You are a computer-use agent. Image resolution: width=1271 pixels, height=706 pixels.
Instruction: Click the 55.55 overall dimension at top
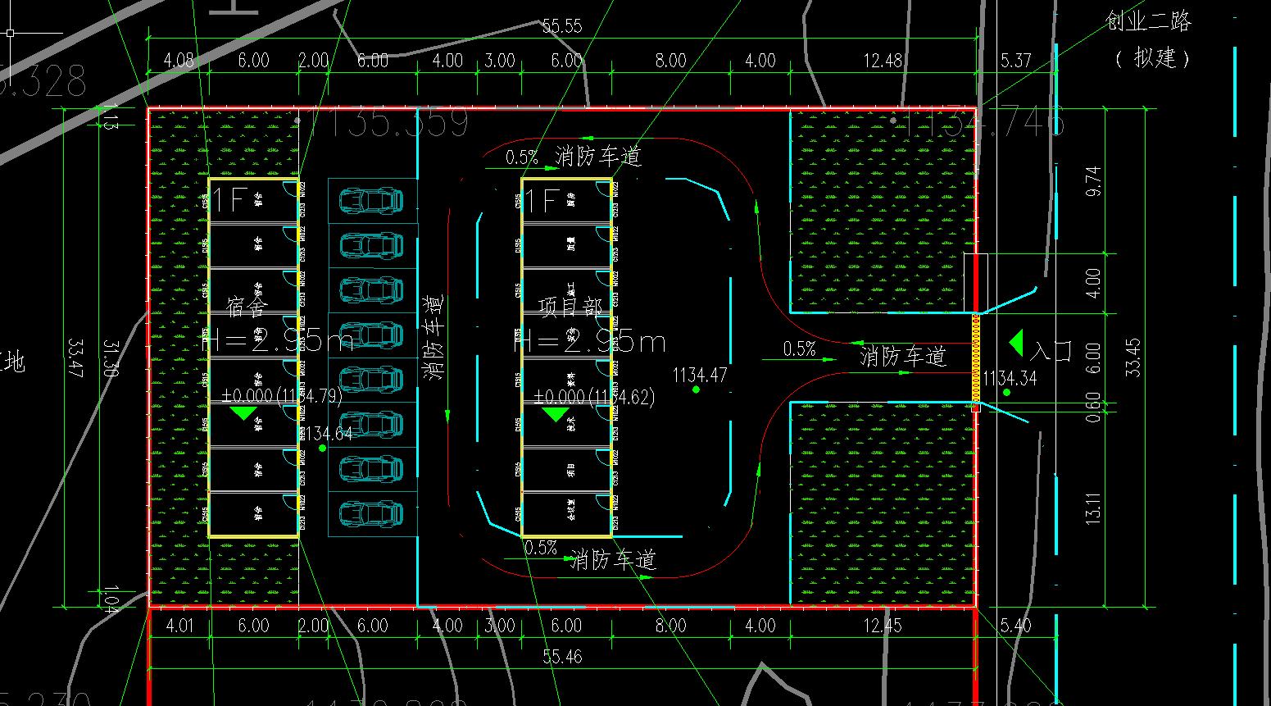point(562,25)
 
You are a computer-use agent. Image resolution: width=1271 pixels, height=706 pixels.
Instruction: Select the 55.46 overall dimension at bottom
point(562,656)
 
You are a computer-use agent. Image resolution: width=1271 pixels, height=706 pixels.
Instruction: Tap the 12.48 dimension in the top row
point(883,60)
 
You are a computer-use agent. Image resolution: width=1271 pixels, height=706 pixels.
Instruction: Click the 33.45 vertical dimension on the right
point(1133,357)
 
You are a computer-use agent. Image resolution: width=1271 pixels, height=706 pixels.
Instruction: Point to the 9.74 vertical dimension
point(1093,181)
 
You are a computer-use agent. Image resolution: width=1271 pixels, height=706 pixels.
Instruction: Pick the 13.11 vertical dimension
point(1093,508)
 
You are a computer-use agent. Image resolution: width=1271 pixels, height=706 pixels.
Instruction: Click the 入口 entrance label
point(1051,351)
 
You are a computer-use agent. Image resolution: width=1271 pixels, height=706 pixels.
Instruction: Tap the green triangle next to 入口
point(1017,343)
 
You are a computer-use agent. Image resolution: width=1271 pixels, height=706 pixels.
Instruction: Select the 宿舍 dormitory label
point(247,307)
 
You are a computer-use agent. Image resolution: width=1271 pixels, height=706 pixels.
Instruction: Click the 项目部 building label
point(570,307)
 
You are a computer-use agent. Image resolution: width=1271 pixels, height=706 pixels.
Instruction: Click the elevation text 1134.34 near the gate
point(1010,378)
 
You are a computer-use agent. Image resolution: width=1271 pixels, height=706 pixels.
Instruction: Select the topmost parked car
point(371,200)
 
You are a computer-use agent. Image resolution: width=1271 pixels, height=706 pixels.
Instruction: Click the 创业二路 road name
point(1148,21)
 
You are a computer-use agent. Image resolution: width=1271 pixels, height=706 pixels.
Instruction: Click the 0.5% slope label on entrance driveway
point(799,348)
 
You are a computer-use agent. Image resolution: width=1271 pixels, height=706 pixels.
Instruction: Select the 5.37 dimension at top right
point(1015,60)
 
